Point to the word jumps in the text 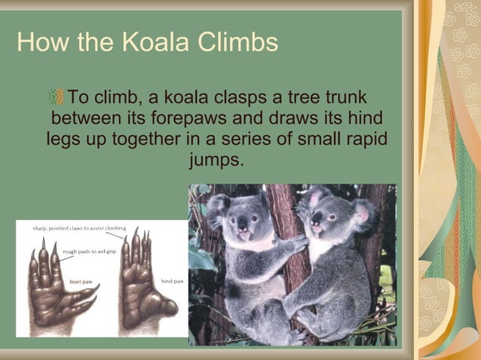point(216,160)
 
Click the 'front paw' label point(81,282)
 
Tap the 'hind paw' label point(172,281)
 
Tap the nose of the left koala point(243,224)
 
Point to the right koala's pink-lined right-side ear point(363,214)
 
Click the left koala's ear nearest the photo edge point(219,204)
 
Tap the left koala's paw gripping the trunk point(296,246)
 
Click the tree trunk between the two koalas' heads point(283,211)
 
